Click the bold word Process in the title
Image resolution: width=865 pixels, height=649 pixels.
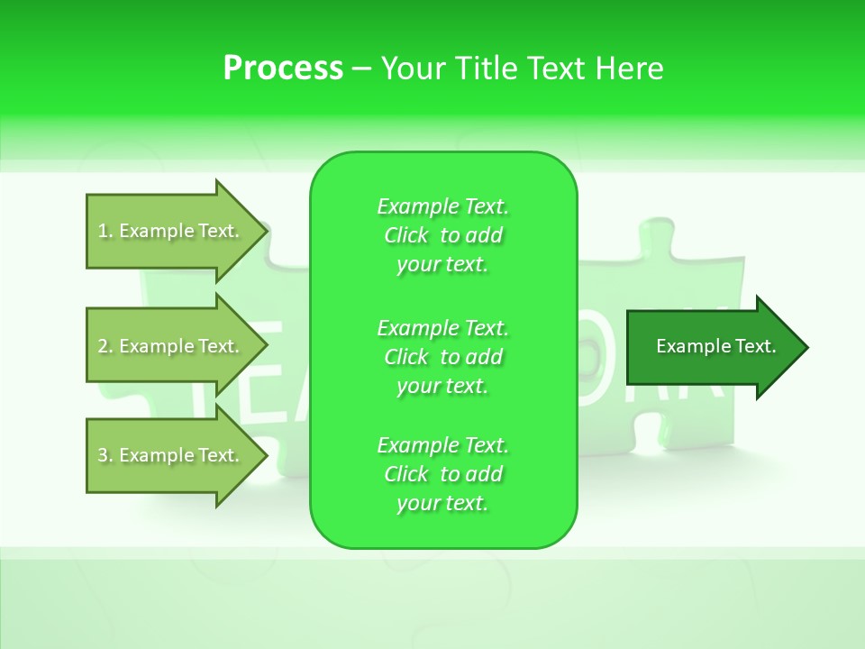click(283, 69)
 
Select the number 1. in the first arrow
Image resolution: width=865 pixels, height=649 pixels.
click(105, 231)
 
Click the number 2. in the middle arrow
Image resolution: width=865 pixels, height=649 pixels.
click(105, 346)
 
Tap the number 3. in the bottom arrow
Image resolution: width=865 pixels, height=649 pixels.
click(105, 455)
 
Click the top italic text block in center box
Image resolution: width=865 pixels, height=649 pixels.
click(443, 235)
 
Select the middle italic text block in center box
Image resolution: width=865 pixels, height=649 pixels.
click(443, 357)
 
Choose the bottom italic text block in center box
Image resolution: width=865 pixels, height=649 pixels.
click(443, 474)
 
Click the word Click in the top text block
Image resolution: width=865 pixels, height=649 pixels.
click(406, 235)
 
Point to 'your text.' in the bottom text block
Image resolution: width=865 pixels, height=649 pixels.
click(442, 503)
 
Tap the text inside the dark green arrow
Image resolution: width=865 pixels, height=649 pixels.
click(715, 346)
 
